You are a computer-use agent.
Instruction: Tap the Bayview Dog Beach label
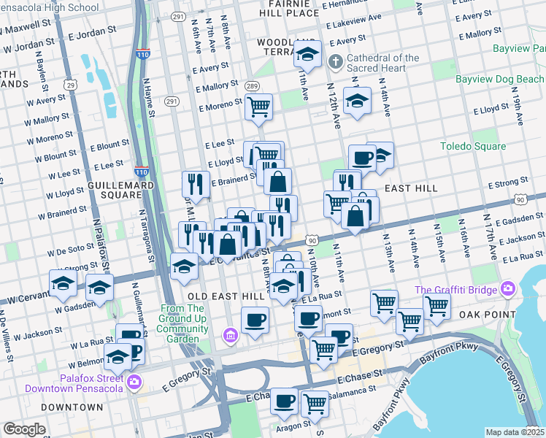(x=499, y=78)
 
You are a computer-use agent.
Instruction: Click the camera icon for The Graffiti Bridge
(x=507, y=290)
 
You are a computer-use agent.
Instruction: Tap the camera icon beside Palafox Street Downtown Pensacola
(x=134, y=382)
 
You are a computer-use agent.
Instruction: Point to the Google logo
(x=24, y=429)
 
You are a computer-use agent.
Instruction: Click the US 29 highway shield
(x=70, y=85)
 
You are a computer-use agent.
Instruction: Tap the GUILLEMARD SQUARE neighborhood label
(x=114, y=191)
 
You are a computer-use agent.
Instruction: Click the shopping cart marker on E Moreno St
(x=259, y=107)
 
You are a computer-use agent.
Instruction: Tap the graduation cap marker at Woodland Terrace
(x=307, y=53)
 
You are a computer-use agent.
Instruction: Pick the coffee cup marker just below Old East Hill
(x=255, y=319)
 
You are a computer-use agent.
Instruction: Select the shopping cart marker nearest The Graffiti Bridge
(x=437, y=305)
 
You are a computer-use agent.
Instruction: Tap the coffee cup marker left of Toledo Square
(x=362, y=157)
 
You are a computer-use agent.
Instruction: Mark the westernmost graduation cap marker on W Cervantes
(x=64, y=283)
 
